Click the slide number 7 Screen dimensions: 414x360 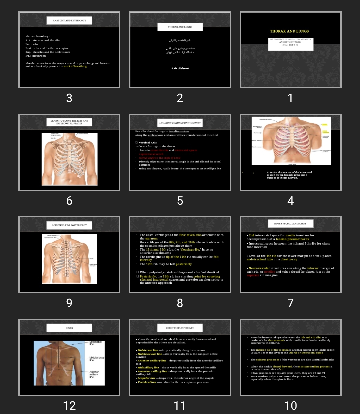click(290, 303)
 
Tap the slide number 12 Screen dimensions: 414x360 click(69, 405)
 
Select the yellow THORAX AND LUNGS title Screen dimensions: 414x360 click(289, 31)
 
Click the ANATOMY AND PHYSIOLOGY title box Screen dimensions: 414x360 click(69, 21)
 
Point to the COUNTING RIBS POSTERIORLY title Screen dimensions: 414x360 click(69, 225)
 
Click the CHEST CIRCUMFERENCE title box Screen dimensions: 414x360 click(180, 328)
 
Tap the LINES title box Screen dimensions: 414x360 click(69, 328)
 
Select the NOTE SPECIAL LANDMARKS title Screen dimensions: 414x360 click(291, 224)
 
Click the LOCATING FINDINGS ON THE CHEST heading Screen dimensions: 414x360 click(180, 123)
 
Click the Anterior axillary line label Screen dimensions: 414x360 click(94, 374)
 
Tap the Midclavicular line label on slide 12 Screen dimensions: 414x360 click(97, 359)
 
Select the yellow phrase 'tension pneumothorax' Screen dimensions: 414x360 click(292, 239)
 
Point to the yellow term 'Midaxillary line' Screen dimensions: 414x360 click(148, 368)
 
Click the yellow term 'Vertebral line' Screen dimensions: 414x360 click(147, 382)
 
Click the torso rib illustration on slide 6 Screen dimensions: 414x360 click(69, 159)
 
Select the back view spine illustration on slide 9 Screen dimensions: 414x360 click(69, 259)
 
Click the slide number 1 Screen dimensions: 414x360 click(290, 98)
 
